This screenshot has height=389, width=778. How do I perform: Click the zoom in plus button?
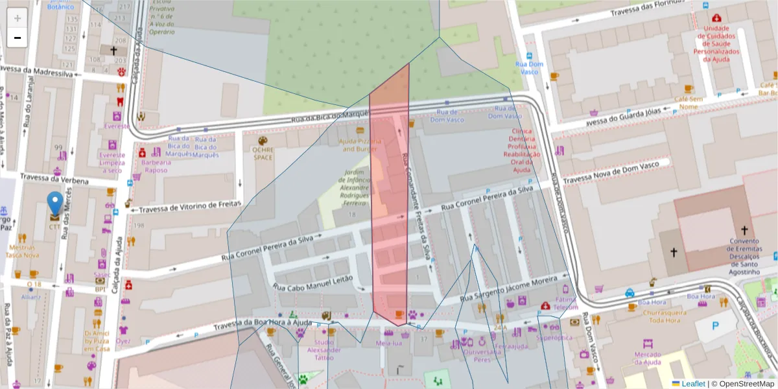(x=17, y=18)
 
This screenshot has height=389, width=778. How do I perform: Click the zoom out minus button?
(x=17, y=38)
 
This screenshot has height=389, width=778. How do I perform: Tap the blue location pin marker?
(x=56, y=203)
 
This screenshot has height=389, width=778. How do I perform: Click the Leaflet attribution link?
(x=693, y=384)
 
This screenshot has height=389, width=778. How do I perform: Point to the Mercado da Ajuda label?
(x=647, y=359)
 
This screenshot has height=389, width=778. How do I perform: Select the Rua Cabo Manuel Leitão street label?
(x=312, y=282)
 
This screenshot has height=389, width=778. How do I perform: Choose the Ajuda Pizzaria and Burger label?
(x=359, y=145)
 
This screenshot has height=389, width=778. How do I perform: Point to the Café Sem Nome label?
(x=689, y=102)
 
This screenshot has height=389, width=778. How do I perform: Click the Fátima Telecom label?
(x=565, y=304)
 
